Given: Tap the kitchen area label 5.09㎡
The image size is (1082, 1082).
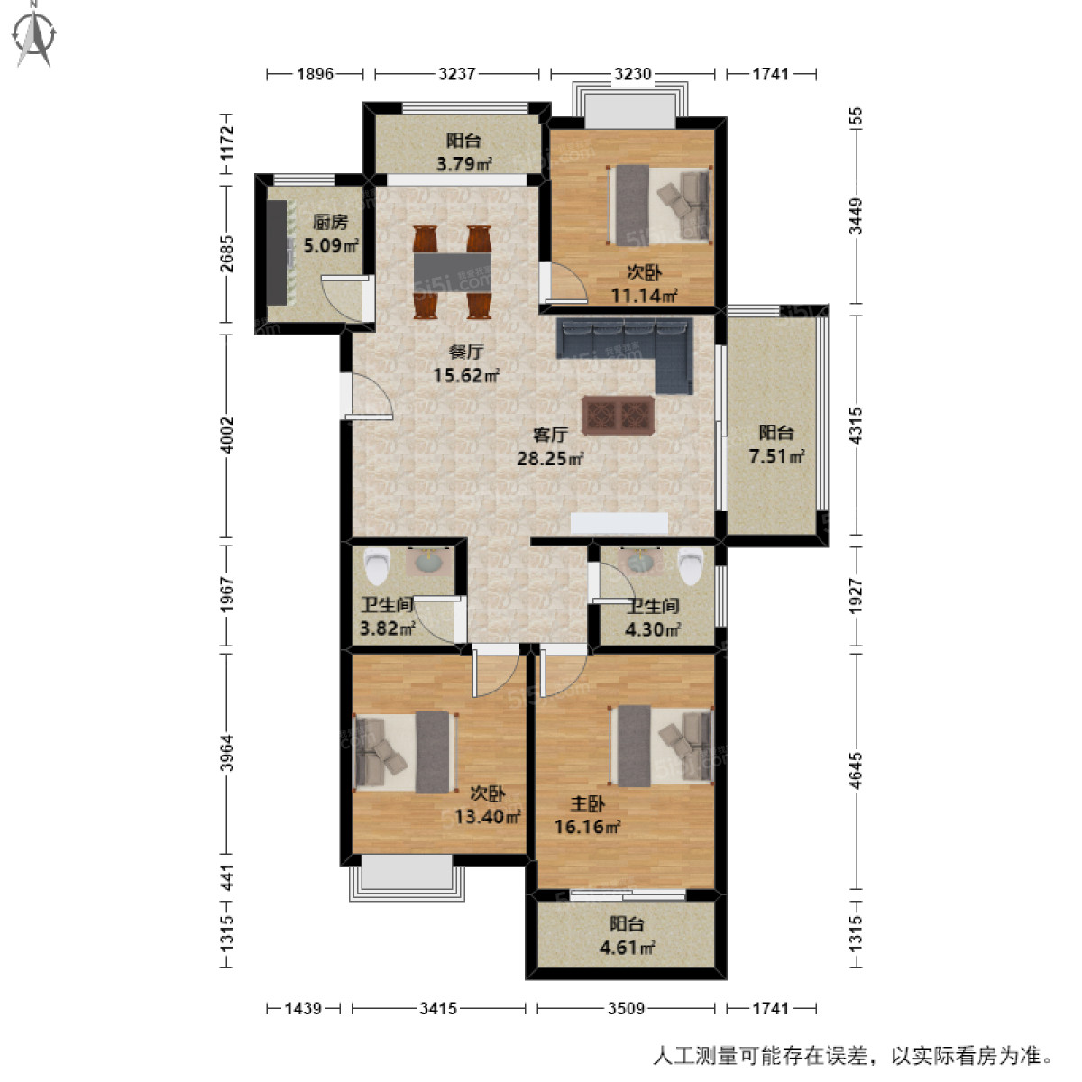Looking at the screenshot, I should [331, 244].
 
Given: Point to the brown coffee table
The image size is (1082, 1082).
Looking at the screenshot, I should [618, 416].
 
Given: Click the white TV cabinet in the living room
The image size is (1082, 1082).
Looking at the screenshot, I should [619, 523].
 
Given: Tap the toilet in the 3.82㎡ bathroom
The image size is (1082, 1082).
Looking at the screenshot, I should [376, 567].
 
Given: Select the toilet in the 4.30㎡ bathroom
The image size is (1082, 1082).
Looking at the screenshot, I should [691, 565].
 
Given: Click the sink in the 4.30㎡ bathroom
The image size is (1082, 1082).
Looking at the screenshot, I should [641, 562].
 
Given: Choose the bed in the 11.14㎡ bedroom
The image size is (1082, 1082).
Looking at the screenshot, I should [659, 205].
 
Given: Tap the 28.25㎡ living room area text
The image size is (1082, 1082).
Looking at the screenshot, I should [549, 458].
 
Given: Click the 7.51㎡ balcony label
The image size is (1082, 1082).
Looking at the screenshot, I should [776, 456].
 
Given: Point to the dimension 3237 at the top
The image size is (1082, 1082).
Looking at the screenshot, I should [457, 74].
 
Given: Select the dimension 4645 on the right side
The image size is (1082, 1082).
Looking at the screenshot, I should [856, 770].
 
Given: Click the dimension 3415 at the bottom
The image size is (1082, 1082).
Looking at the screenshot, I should [438, 1008].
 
